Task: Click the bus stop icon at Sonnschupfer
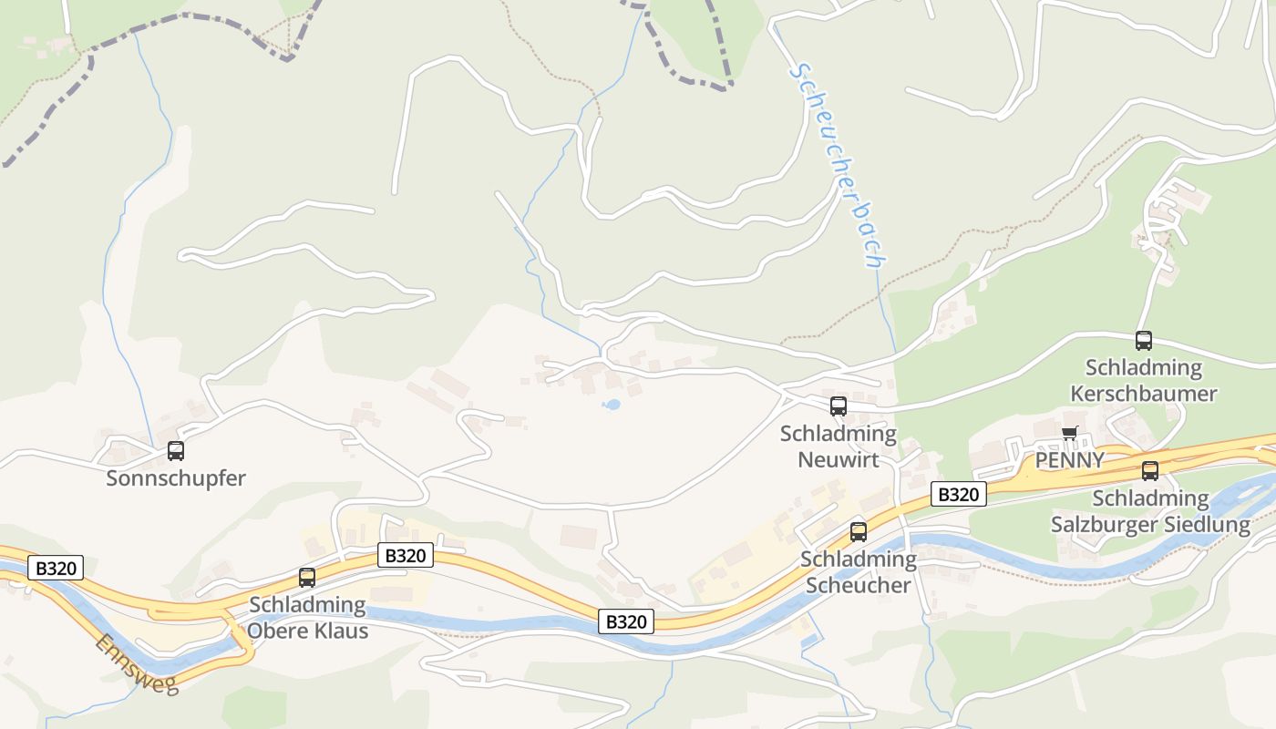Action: [x=176, y=450]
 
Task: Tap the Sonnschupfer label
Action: [x=176, y=477]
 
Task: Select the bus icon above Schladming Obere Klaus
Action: [x=307, y=577]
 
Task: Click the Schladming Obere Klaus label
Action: [x=308, y=617]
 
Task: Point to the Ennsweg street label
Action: [x=137, y=663]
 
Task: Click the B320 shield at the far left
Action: [x=56, y=568]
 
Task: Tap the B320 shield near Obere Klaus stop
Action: [x=405, y=555]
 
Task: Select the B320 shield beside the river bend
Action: [x=626, y=621]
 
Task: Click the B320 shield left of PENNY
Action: [x=959, y=494]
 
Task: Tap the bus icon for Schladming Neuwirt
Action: [x=839, y=406]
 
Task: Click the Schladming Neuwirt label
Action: [x=839, y=446]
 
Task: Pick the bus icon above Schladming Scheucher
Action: [x=859, y=531]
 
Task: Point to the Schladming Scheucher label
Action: [x=859, y=571]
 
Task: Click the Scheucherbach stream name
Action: [x=838, y=165]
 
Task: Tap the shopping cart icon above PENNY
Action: [x=1069, y=433]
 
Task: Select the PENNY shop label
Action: [x=1070, y=459]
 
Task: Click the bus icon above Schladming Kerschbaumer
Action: [x=1144, y=341]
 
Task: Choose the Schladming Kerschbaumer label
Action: [x=1144, y=380]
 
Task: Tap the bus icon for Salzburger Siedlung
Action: [x=1150, y=471]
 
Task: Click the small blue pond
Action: [x=612, y=404]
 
